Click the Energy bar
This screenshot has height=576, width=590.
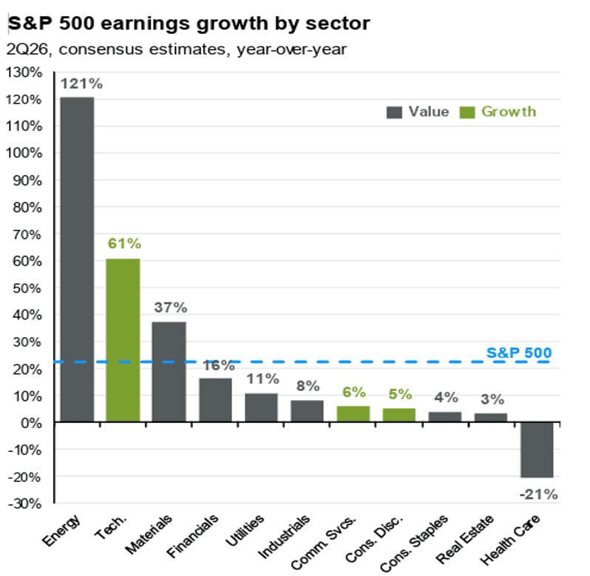pyautogui.click(x=77, y=260)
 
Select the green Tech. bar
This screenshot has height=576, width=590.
pyautogui.click(x=123, y=340)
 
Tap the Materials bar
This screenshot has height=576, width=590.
pyautogui.click(x=169, y=372)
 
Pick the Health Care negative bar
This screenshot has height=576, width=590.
pyautogui.click(x=537, y=450)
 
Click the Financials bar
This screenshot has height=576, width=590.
pyautogui.click(x=215, y=400)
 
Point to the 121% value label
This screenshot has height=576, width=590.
pyautogui.click(x=81, y=84)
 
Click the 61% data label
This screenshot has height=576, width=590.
pyautogui.click(x=124, y=244)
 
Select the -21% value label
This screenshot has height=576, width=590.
pyautogui.click(x=538, y=495)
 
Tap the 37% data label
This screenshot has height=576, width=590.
pyautogui.click(x=171, y=308)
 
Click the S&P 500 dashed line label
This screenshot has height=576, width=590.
pyautogui.click(x=519, y=353)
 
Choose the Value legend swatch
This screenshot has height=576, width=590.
pyautogui.click(x=394, y=112)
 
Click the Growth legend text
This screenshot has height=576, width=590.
pyautogui.click(x=509, y=112)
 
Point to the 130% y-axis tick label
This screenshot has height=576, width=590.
pyautogui.click(x=24, y=72)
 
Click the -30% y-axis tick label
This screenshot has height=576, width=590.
pyautogui.click(x=25, y=504)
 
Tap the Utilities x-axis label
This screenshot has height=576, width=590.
pyautogui.click(x=245, y=530)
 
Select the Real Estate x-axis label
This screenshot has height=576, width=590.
pyautogui.click(x=465, y=538)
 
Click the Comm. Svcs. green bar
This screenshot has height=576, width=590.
pyautogui.click(x=353, y=414)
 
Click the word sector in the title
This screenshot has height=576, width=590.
pyautogui.click(x=338, y=24)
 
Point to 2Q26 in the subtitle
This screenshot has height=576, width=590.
pyautogui.click(x=27, y=50)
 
